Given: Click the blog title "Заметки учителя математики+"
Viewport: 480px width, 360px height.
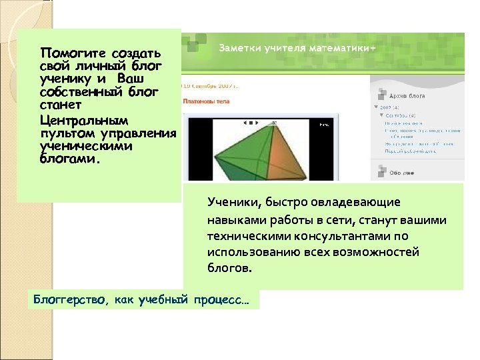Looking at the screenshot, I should pos(297,49).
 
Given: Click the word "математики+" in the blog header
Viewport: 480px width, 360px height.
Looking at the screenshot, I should pos(347,49).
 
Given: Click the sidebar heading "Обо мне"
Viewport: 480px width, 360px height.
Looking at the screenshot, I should pos(403,173).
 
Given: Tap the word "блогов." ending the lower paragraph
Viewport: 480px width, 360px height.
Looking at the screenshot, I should pos(231,269).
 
